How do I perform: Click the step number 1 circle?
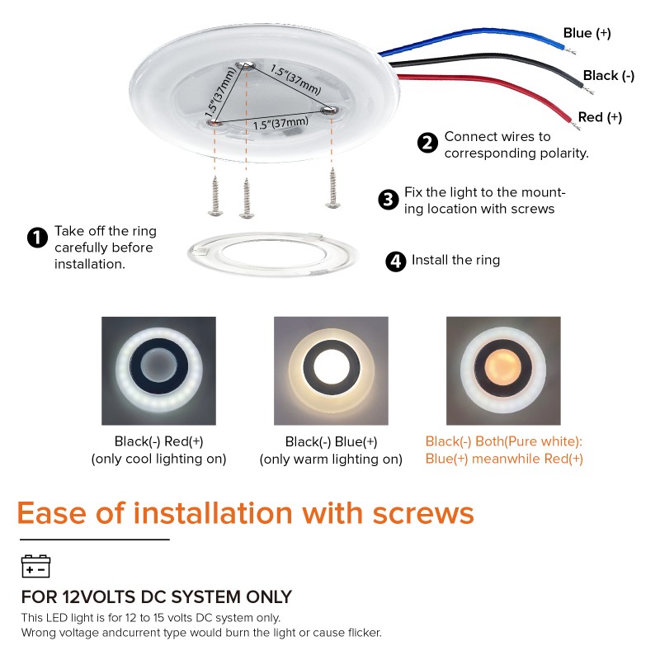pos(37,238)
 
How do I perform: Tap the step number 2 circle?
pos(427,143)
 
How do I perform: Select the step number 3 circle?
pos(388,200)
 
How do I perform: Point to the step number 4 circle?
pos(396,262)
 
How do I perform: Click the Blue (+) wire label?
pos(587,33)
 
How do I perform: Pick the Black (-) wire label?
pos(608,76)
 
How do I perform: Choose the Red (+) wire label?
pos(600,118)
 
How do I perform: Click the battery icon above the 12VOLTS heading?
pos(35,566)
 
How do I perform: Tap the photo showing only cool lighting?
pos(158,368)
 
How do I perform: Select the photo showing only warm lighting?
pos(331,368)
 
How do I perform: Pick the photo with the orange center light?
pos(503,368)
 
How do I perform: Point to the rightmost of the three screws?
pos(334,186)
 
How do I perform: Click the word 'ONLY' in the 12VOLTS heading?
pos(266,596)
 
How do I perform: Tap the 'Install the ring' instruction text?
pos(455,261)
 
